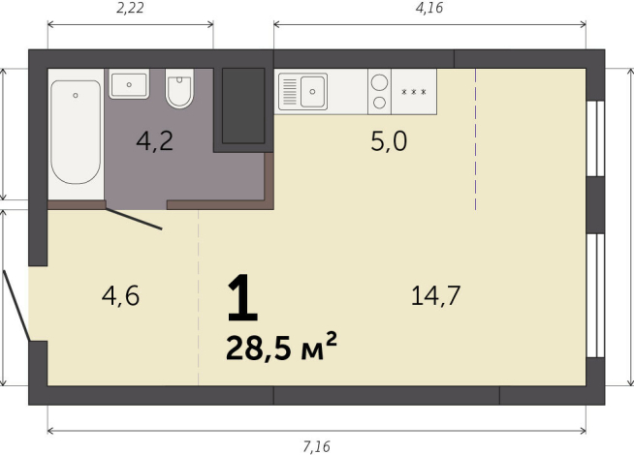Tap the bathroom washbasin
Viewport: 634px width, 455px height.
(x=129, y=84)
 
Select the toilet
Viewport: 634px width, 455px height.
(x=180, y=90)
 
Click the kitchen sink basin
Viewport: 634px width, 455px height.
(x=313, y=93)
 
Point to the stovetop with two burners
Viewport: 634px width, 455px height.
(x=379, y=91)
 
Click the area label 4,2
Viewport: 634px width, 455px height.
(x=154, y=142)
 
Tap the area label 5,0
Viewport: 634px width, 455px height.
(x=389, y=142)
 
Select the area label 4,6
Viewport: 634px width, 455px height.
(x=121, y=295)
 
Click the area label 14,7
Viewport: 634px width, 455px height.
(x=434, y=295)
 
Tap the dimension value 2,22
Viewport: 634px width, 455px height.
(x=130, y=9)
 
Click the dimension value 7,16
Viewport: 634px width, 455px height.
(x=317, y=446)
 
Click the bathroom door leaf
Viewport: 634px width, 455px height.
(x=135, y=220)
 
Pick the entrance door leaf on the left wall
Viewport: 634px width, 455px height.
(x=16, y=305)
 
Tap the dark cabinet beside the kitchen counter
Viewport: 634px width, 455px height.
(x=242, y=105)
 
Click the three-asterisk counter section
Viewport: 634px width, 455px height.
(x=414, y=92)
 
